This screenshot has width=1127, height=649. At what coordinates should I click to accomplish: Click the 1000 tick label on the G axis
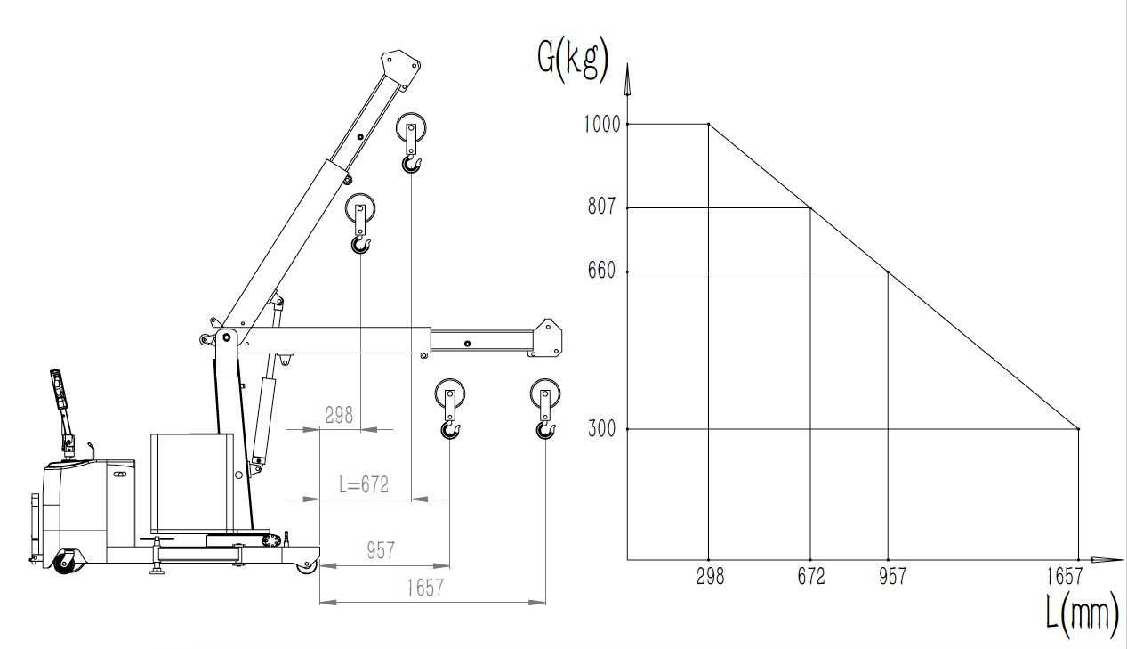(x=601, y=124)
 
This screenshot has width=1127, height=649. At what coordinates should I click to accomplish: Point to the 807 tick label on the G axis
(x=601, y=206)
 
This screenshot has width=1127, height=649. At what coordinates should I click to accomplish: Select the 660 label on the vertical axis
(x=601, y=271)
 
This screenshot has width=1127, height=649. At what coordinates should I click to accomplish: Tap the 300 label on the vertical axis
(x=601, y=429)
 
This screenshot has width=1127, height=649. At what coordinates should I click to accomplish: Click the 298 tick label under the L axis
(x=710, y=577)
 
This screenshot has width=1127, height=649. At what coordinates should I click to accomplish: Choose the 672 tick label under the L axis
(x=811, y=577)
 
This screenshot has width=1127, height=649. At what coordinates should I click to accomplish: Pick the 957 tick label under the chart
(x=892, y=577)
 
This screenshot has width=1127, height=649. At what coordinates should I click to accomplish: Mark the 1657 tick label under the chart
(x=1064, y=577)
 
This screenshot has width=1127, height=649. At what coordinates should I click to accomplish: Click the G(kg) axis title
(x=573, y=61)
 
